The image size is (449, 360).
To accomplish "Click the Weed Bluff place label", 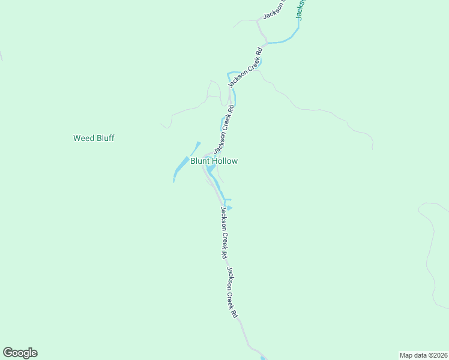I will pyautogui.click(x=94, y=138).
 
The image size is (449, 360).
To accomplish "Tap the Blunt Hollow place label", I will pyautogui.click(x=214, y=161).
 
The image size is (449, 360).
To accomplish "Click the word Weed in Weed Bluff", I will pyautogui.click(x=83, y=138).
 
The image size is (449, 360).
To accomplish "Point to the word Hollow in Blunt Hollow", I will pyautogui.click(x=225, y=161).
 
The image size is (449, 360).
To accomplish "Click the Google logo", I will pyautogui.click(x=20, y=353).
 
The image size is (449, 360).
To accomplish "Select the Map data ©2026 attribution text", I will pyautogui.click(x=423, y=355).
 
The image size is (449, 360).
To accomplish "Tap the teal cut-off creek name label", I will pyautogui.click(x=300, y=10).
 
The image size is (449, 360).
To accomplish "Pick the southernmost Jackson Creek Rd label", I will pyautogui.click(x=232, y=292).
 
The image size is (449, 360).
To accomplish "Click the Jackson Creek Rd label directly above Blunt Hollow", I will pyautogui.click(x=223, y=127).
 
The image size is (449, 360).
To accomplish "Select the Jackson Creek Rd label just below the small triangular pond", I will pyautogui.click(x=224, y=232).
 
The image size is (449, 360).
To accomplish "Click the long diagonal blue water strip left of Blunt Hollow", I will pyautogui.click(x=181, y=167).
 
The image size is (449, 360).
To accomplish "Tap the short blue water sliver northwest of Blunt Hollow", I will pyautogui.click(x=196, y=147).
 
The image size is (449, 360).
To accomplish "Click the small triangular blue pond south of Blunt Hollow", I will pyautogui.click(x=229, y=208).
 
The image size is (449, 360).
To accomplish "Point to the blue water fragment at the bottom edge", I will pyautogui.click(x=263, y=358).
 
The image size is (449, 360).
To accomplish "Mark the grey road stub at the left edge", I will pyautogui.click(x=1, y=55).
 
